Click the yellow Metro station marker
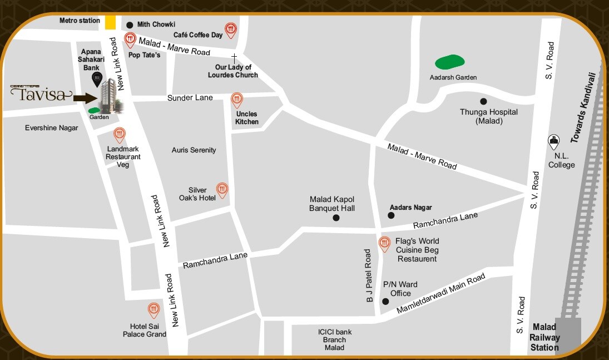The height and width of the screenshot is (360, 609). (111, 22)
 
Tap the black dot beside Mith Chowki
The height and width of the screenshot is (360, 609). (130, 24)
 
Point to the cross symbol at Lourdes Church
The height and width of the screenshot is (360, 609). (234, 57)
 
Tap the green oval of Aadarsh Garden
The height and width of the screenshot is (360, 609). (449, 62)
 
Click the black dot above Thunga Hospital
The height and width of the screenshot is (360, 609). (483, 101)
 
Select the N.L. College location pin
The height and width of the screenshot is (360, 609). (553, 142)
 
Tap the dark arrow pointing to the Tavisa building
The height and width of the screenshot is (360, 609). (85, 98)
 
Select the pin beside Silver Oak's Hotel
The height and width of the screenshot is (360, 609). (222, 190)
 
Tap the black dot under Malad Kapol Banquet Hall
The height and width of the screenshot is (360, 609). (335, 218)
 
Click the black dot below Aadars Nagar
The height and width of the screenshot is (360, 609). (391, 215)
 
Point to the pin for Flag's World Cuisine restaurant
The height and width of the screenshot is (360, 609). (384, 244)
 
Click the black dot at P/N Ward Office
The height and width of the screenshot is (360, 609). (385, 302)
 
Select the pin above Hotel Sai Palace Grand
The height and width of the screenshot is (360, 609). (154, 310)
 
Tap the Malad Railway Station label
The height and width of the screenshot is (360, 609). (544, 338)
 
